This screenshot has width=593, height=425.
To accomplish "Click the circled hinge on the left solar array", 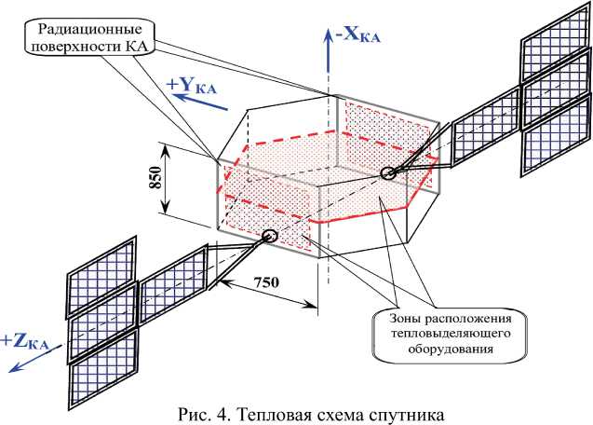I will [x=269, y=237].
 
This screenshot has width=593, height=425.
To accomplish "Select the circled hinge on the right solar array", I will [x=389, y=172].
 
